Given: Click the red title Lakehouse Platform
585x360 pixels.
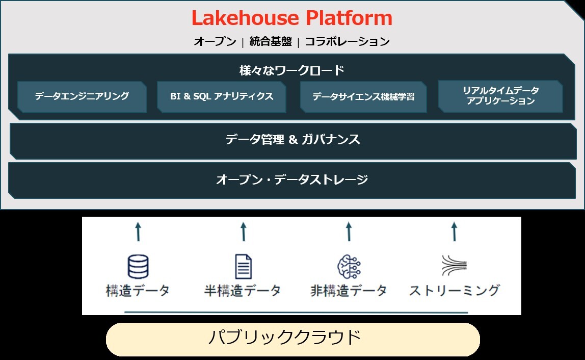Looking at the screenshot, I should coord(292,19).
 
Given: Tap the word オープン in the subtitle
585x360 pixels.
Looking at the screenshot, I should coord(215,42).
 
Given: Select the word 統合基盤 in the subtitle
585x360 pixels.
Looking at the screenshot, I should coord(271,42).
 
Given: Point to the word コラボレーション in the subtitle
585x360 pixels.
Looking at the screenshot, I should coord(347,42).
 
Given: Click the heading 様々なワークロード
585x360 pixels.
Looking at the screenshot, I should coord(292,70).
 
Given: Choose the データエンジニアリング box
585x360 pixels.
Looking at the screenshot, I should coord(82,96).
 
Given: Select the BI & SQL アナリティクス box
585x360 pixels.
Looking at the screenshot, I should coord(222,96).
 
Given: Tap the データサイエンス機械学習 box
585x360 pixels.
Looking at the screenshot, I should coord(363,96).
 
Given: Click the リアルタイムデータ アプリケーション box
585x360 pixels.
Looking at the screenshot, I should coord(500,96).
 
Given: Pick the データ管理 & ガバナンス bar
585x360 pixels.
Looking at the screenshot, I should coord(292,140).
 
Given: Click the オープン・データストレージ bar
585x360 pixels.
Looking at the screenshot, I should coord(292,179).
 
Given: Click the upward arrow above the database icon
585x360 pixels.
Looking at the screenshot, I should coord(138,231).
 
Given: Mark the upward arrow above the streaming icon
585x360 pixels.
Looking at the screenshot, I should coord(454,231).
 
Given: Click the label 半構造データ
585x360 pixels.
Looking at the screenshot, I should coord(243,291).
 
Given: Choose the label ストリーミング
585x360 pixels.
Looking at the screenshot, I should coord(454,291).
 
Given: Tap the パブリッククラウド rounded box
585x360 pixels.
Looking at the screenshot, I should coord(292,339).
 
